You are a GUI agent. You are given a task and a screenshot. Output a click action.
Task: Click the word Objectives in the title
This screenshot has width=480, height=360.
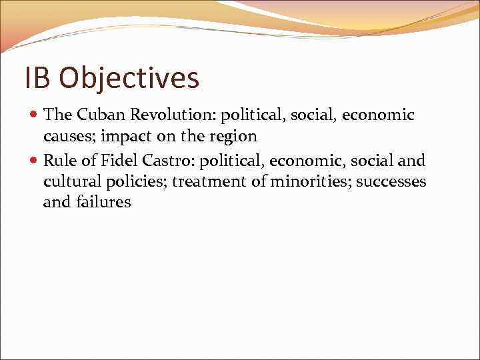[129, 79]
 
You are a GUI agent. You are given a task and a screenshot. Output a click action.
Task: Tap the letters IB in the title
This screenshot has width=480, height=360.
[37, 77]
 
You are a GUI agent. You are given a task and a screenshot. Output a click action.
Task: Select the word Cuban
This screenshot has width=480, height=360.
[100, 115]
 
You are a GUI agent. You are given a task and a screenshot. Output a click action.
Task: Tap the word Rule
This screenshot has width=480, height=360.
[59, 160]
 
